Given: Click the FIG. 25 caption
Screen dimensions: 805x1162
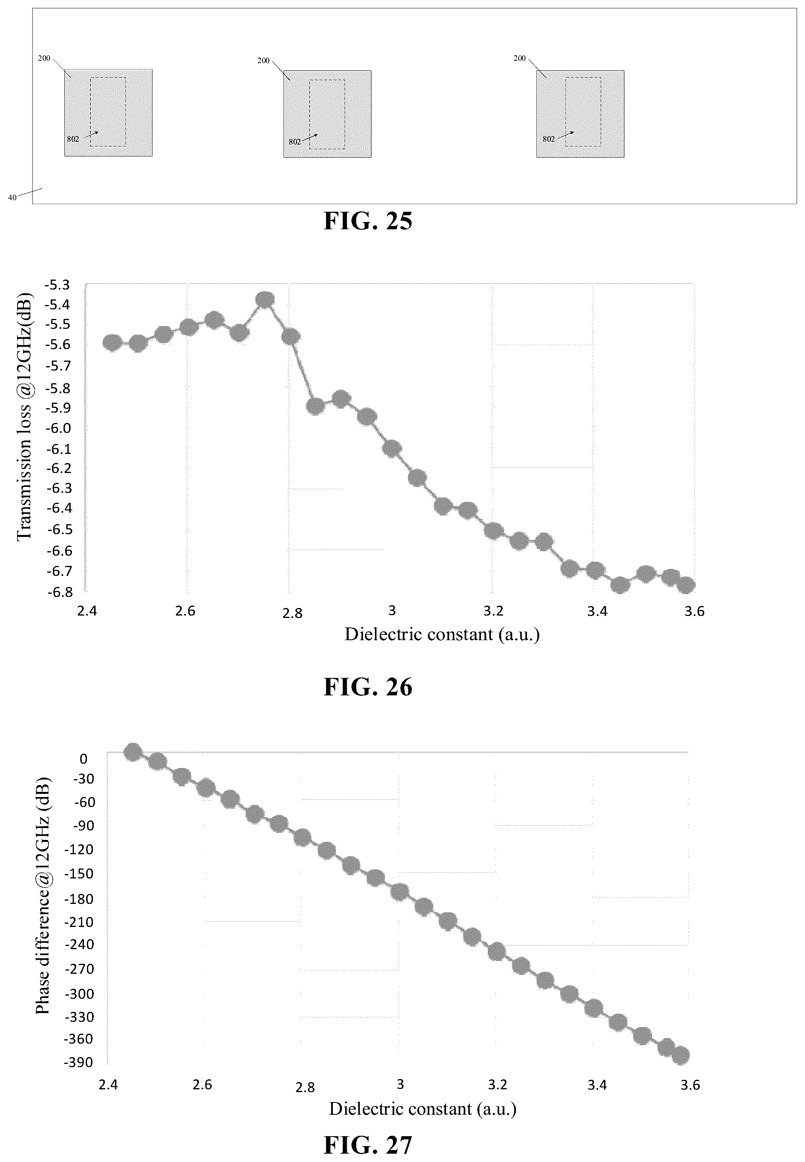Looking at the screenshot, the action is [368, 220].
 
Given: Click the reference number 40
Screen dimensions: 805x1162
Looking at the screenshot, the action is [12, 198].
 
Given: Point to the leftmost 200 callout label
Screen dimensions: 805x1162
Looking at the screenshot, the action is [44, 58].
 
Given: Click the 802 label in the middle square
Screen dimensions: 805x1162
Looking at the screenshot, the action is [295, 142].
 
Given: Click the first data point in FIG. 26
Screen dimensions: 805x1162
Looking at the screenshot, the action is [112, 343].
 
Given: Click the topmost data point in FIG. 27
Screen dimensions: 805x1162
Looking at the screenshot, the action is [133, 752].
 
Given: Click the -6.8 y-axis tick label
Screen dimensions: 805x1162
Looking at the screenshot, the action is [58, 592].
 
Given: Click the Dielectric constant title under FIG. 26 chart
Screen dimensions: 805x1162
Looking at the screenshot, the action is [442, 634].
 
